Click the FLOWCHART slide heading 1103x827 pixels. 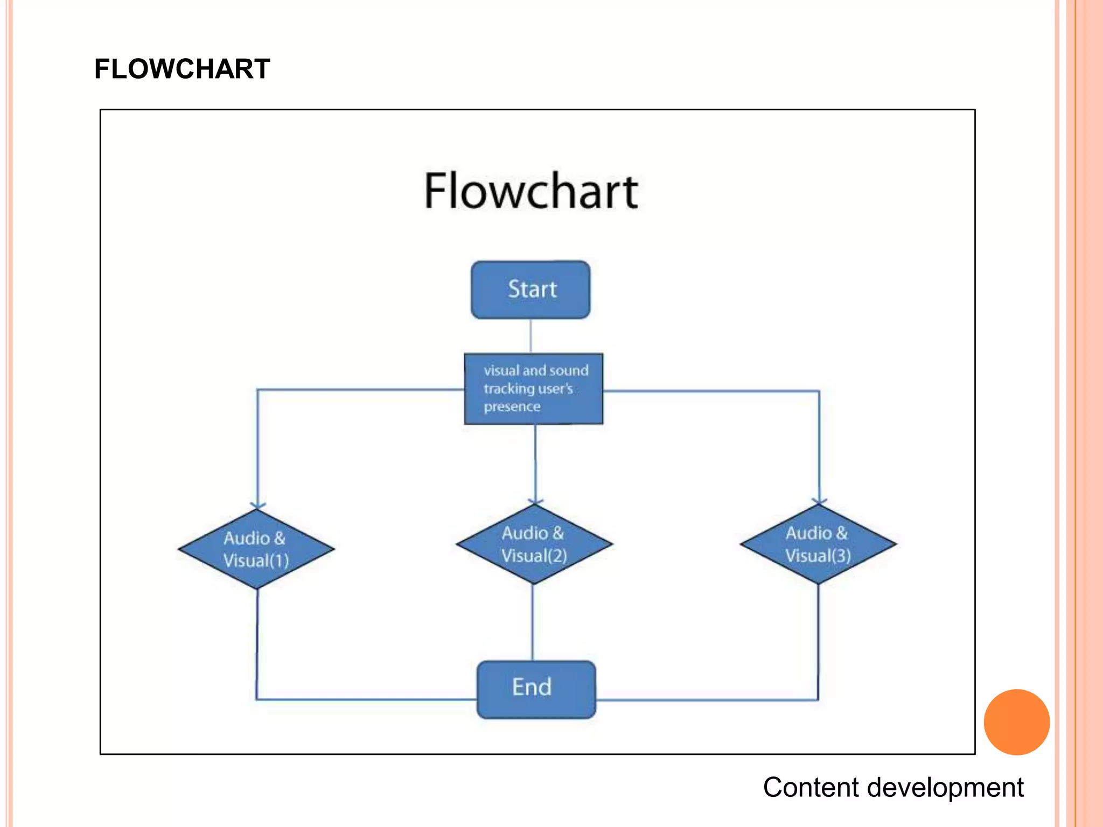pyautogui.click(x=182, y=69)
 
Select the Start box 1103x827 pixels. pyautogui.click(x=530, y=290)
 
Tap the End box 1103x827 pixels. pyautogui.click(x=536, y=689)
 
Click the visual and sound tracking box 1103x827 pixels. pyautogui.click(x=533, y=388)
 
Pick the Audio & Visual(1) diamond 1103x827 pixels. pyautogui.click(x=256, y=549)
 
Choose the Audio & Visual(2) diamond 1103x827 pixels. pyautogui.click(x=534, y=544)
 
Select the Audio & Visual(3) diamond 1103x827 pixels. pyautogui.click(x=818, y=544)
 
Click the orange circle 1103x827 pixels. pyautogui.click(x=1016, y=721)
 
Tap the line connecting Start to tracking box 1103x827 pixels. pyautogui.click(x=530, y=336)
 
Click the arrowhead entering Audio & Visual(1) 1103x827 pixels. pyautogui.click(x=257, y=504)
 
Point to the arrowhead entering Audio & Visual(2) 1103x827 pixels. pyautogui.click(x=535, y=500)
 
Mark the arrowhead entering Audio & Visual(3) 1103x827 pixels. pyautogui.click(x=819, y=500)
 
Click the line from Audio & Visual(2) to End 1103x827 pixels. pyautogui.click(x=533, y=622)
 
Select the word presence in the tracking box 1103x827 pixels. pyautogui.click(x=512, y=407)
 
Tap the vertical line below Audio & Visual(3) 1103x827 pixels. pyautogui.click(x=818, y=641)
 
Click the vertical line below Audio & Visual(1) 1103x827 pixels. pyautogui.click(x=257, y=643)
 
